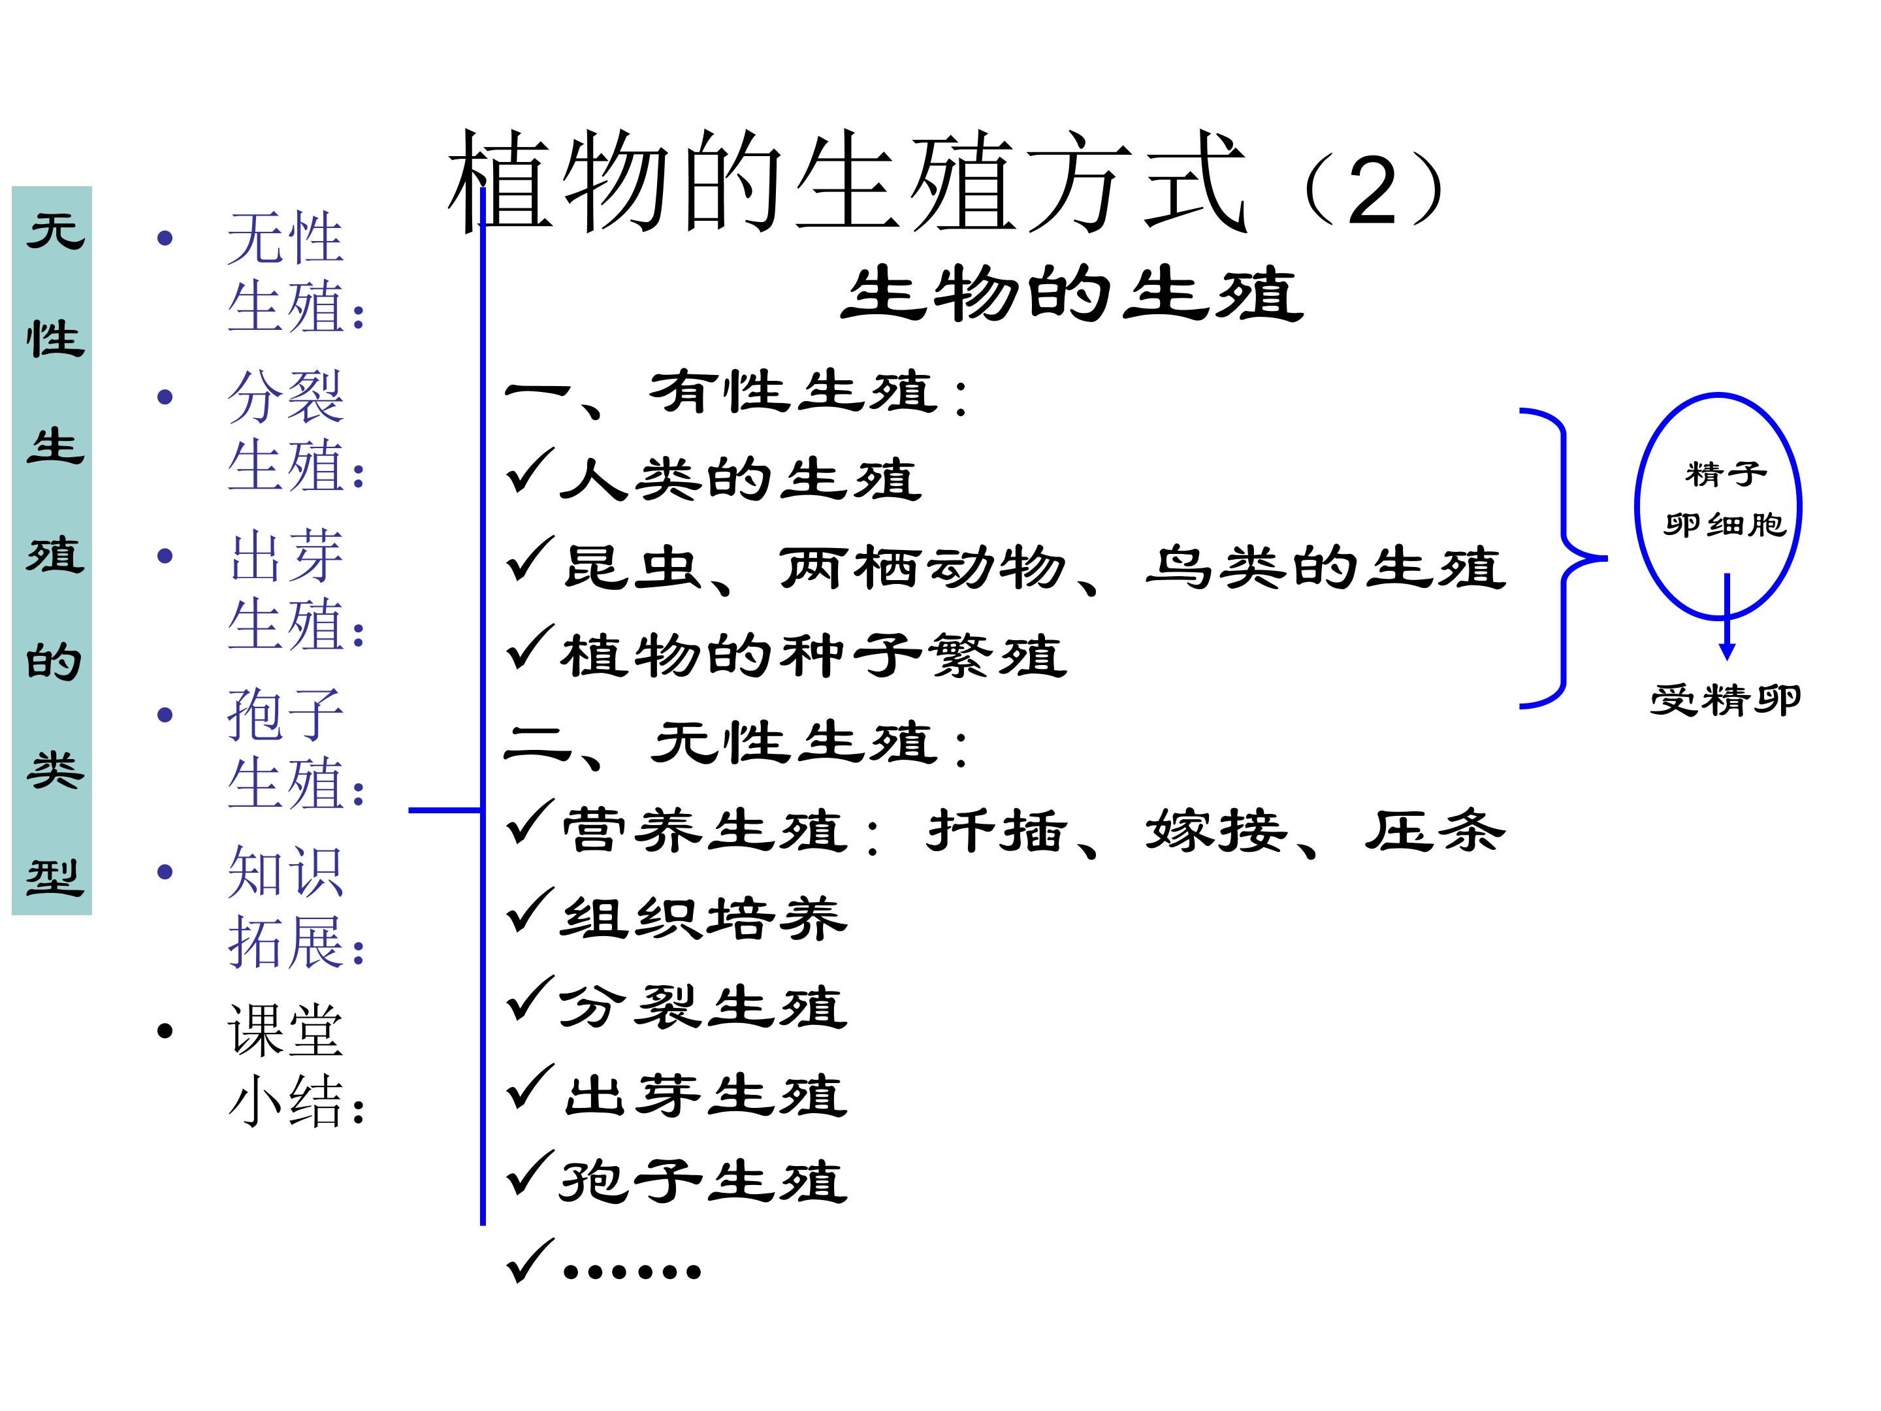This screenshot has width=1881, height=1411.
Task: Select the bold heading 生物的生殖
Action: click(x=1072, y=294)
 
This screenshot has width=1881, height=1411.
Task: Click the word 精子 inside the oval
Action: click(x=1726, y=474)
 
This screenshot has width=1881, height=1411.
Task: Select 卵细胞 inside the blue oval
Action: click(x=1724, y=525)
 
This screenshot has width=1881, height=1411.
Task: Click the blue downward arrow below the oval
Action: click(x=1726, y=617)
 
